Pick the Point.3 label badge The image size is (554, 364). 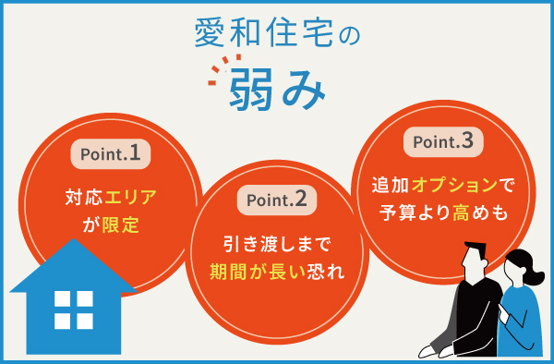(x=442, y=141)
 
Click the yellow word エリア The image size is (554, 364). (x=125, y=196)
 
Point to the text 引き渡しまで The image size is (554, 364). (x=276, y=245)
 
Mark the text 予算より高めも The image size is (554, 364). (x=443, y=212)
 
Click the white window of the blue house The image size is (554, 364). (x=73, y=309)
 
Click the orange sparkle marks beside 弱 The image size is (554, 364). (x=217, y=74)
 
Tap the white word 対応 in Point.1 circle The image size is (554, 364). (x=78, y=196)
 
